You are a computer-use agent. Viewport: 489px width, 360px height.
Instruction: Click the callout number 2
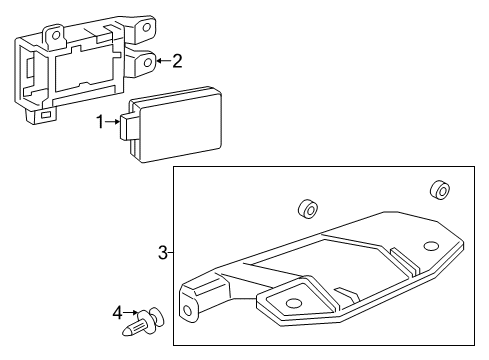(177, 62)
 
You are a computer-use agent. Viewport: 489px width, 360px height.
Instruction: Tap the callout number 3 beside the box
(163, 253)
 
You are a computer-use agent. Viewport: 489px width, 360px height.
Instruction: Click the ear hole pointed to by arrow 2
(147, 63)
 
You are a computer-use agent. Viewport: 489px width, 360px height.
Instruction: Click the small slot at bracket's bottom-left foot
(46, 115)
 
